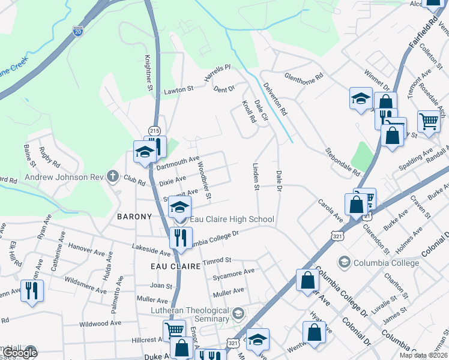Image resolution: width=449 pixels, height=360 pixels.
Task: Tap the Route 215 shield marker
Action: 154,131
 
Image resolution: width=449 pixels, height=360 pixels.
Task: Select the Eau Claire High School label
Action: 232,220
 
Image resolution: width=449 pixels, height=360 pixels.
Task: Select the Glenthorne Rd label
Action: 304,77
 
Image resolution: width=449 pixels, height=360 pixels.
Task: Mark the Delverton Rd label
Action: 274,99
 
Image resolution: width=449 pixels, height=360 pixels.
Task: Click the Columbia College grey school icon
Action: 345,262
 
